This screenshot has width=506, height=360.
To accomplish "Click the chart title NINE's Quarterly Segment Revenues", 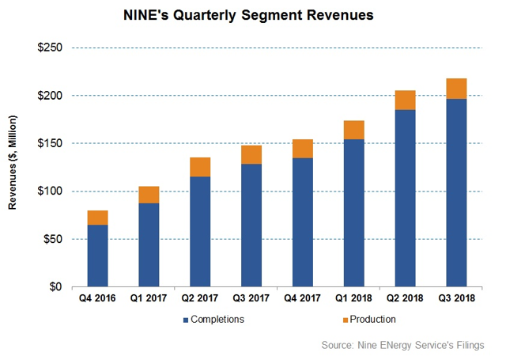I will pos(252,15).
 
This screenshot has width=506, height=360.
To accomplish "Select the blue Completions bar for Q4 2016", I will pos(98,256).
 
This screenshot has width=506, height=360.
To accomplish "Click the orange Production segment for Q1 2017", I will pos(149,195).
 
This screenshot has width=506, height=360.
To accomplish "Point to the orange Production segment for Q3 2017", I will pos(251,154).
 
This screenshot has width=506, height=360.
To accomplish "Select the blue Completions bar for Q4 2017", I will pos(303,222).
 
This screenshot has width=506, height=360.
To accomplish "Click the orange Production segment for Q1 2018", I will pos(354,131).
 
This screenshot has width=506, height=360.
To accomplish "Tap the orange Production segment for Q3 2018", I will pos(456,89).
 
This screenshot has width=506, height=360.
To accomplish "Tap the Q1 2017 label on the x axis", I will pos(149,300).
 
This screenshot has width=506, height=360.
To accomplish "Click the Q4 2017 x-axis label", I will pos(303,300).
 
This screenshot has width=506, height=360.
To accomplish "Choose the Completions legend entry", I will pos(213,320).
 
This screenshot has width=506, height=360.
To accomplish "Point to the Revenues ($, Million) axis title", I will pos(13,166).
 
